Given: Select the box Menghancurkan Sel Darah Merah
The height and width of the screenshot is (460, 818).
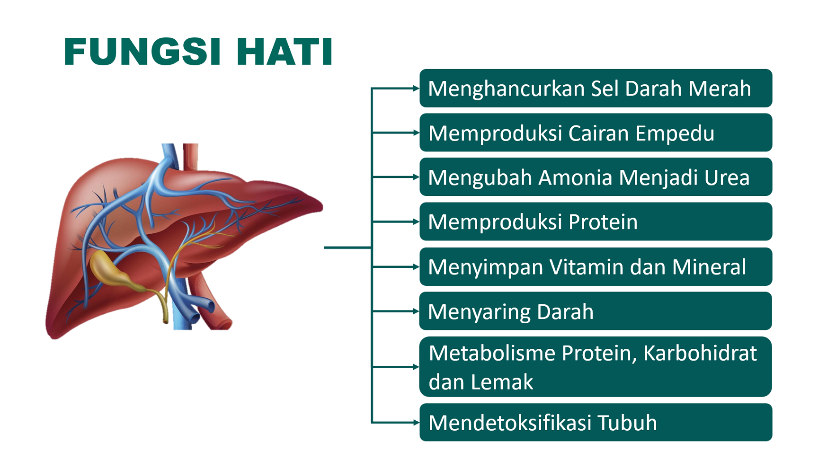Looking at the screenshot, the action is click(596, 88).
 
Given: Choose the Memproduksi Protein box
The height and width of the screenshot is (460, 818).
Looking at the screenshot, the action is click(596, 221).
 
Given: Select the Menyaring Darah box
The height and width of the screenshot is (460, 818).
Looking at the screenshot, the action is click(596, 311).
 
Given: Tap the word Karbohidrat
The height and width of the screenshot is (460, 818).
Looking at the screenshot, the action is click(700, 353).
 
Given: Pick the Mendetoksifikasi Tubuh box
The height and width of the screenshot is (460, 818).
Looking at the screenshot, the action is click(596, 422).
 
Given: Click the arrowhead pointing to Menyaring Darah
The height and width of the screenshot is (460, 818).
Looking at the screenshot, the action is click(416, 311).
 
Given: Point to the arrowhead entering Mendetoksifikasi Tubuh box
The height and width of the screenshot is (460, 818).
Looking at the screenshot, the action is click(416, 422).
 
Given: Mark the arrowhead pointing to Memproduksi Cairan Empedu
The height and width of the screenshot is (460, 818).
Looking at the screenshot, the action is click(416, 133).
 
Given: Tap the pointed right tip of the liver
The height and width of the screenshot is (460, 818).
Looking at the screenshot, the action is click(322, 206).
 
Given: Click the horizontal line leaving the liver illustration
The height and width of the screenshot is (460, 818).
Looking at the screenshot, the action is click(348, 248).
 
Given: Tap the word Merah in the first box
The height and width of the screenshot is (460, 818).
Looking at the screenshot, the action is click(720, 88).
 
